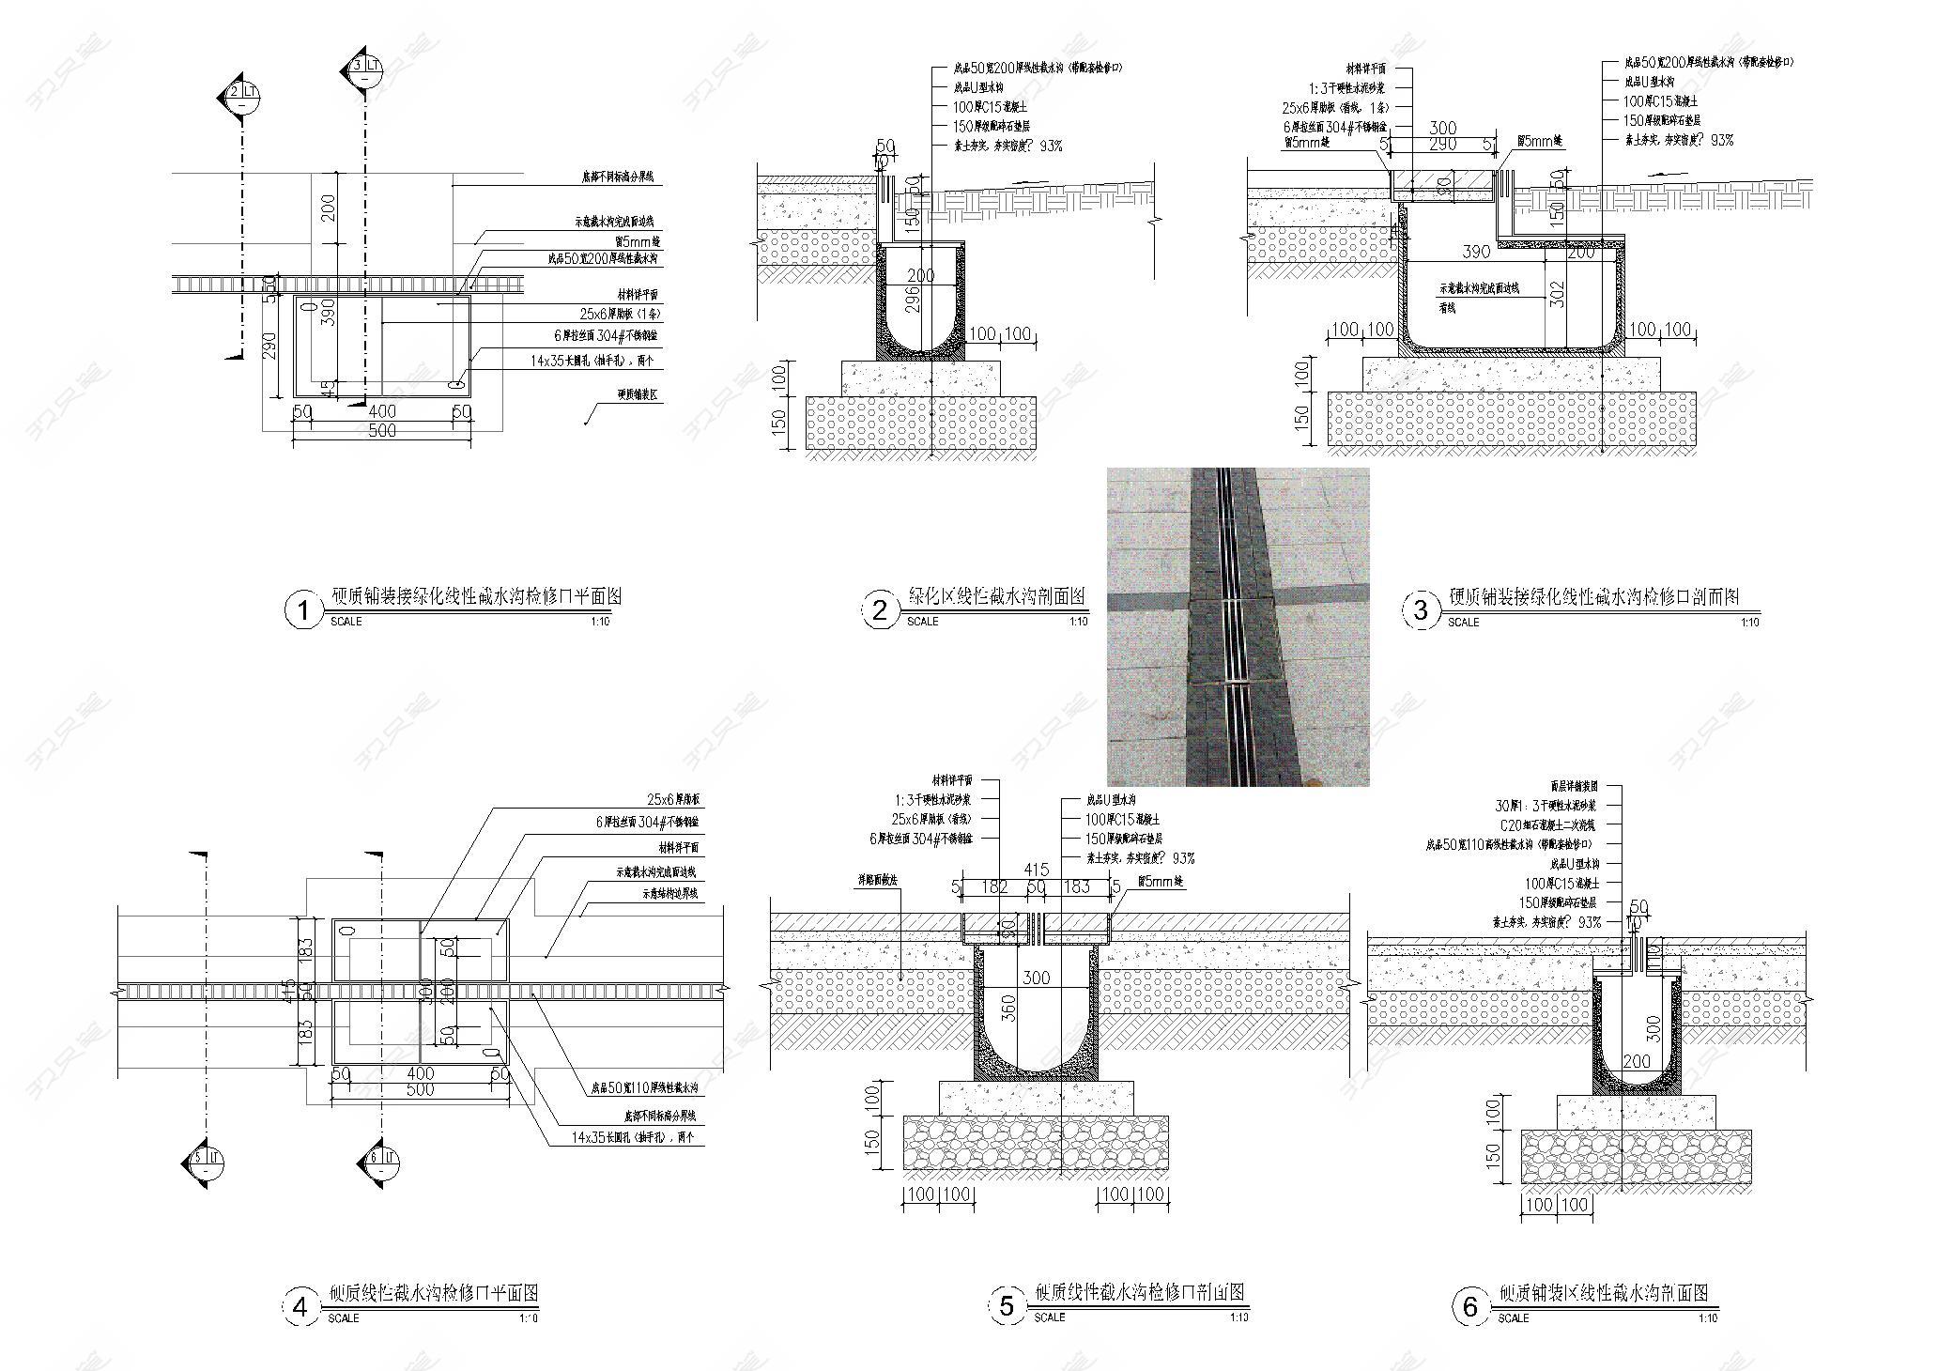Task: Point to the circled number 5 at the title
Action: [x=1007, y=1306]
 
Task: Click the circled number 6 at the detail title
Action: [x=1470, y=1306]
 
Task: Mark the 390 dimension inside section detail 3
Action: [x=1478, y=253]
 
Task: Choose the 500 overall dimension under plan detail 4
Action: [x=420, y=1089]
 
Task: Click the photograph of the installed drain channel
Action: [x=1238, y=626]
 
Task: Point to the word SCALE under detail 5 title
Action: [x=1049, y=1317]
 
